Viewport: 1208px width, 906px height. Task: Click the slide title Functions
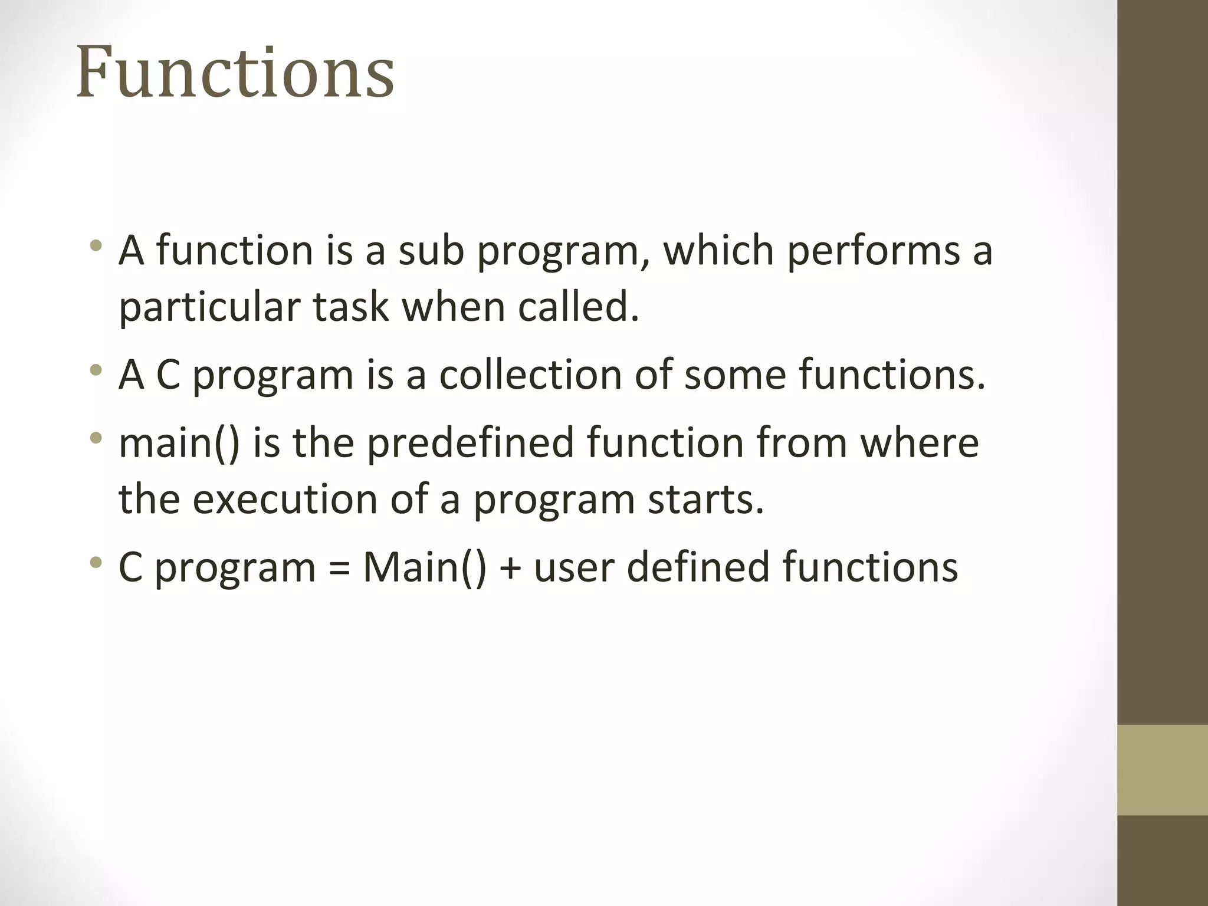tap(235, 73)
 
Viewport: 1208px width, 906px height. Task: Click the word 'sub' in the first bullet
tap(431, 251)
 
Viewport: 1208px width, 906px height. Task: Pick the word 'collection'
tap(530, 375)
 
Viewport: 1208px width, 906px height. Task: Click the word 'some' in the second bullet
tap(734, 375)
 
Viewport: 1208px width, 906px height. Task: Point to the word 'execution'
tap(285, 500)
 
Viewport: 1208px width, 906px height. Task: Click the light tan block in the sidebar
tap(1162, 770)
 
